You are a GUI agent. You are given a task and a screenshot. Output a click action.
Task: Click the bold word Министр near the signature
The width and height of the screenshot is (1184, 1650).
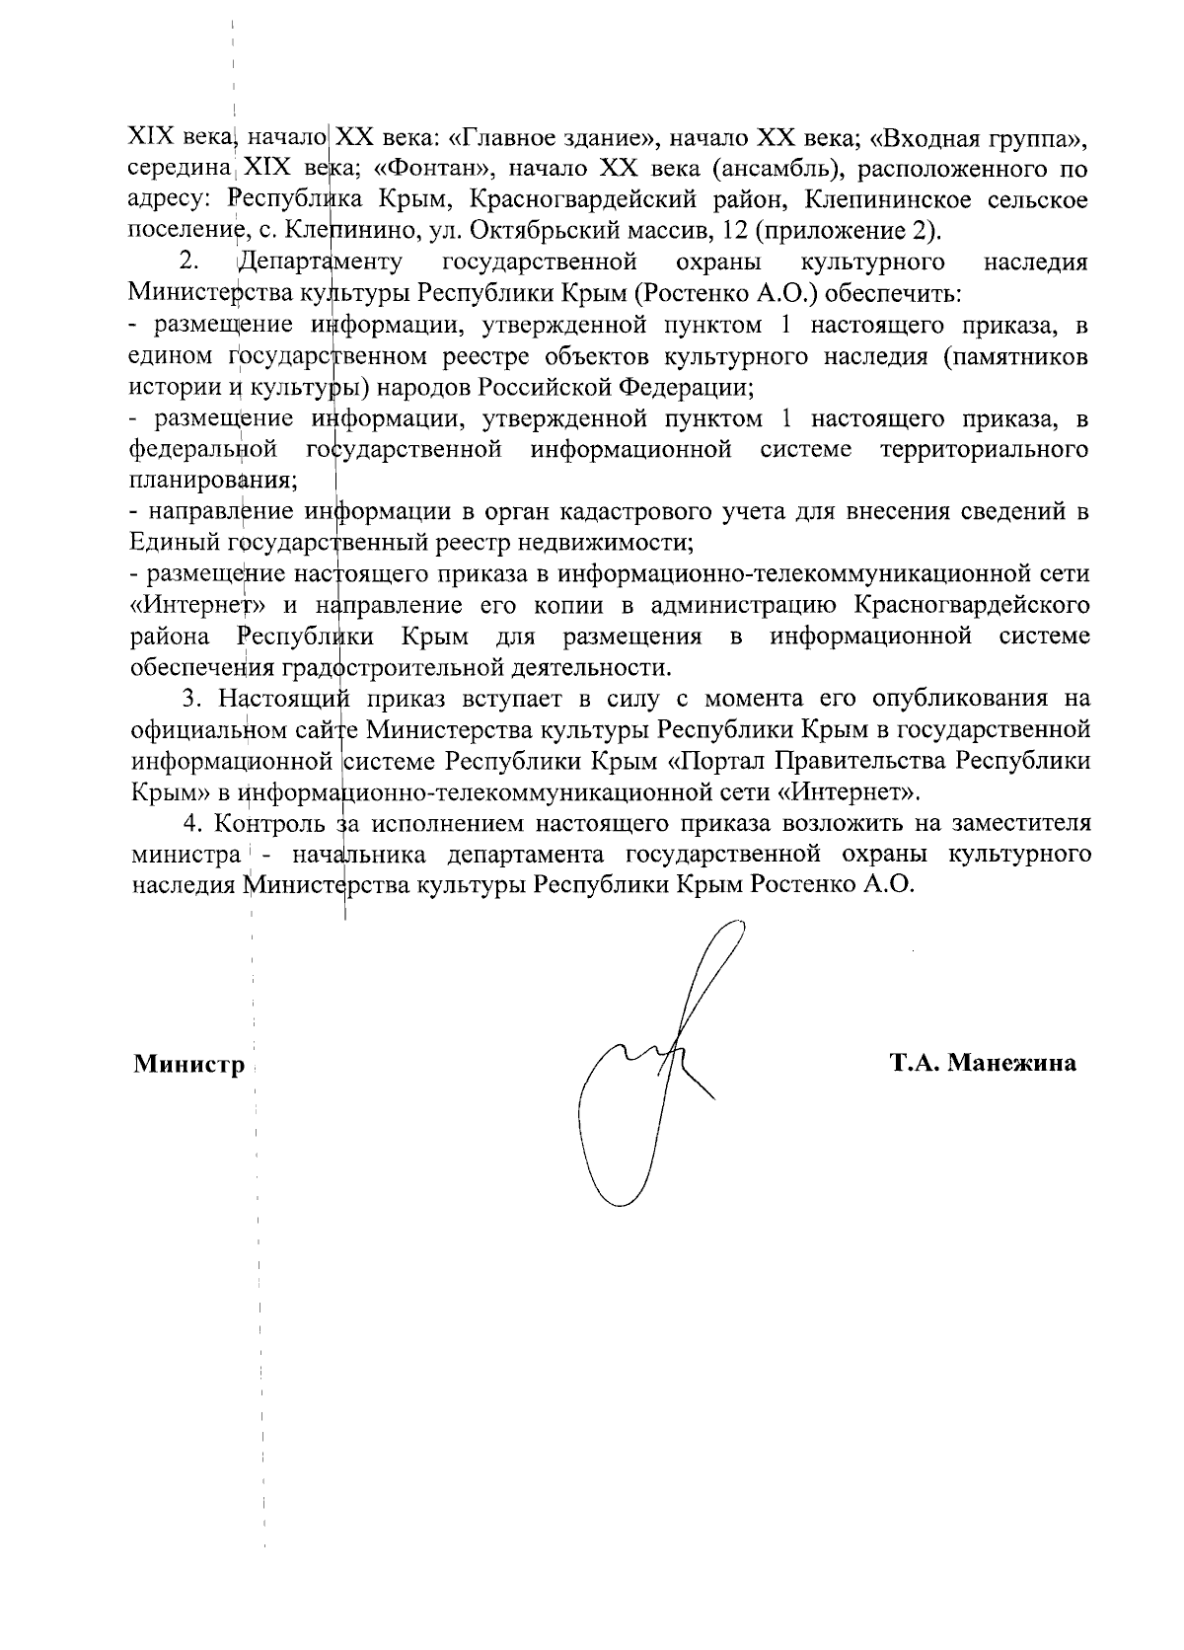point(188,1065)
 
